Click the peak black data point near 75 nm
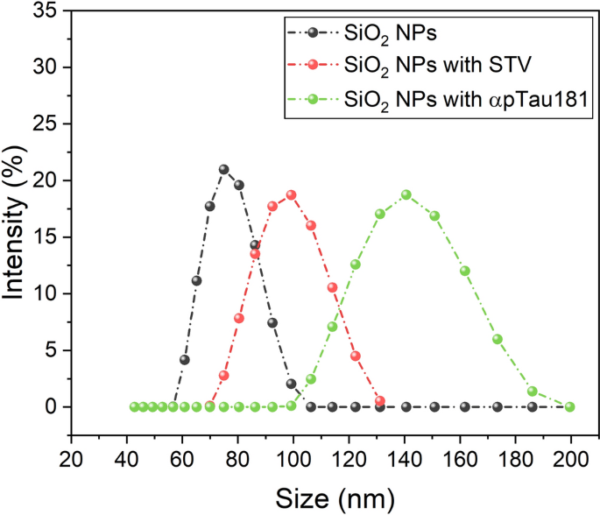pos(223,169)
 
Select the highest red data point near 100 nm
pos(291,194)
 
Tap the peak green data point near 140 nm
pos(406,194)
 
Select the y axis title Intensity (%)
pos(16,222)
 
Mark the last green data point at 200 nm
pos(570,406)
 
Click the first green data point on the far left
pos(134,406)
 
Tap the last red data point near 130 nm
pos(379,401)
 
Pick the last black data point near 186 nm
pos(532,406)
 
